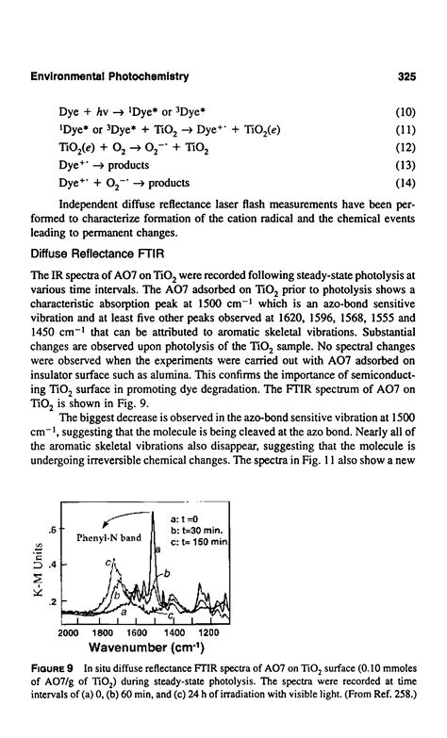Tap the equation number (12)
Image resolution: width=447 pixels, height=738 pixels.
pos(406,148)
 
